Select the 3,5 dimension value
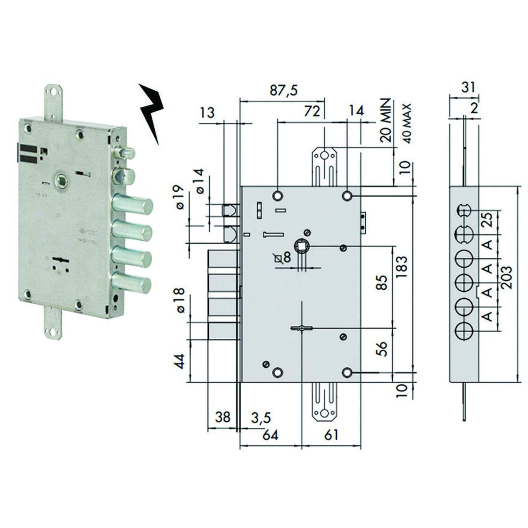point(260,417)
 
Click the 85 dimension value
point(381,281)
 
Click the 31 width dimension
point(464,87)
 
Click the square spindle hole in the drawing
point(303,247)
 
